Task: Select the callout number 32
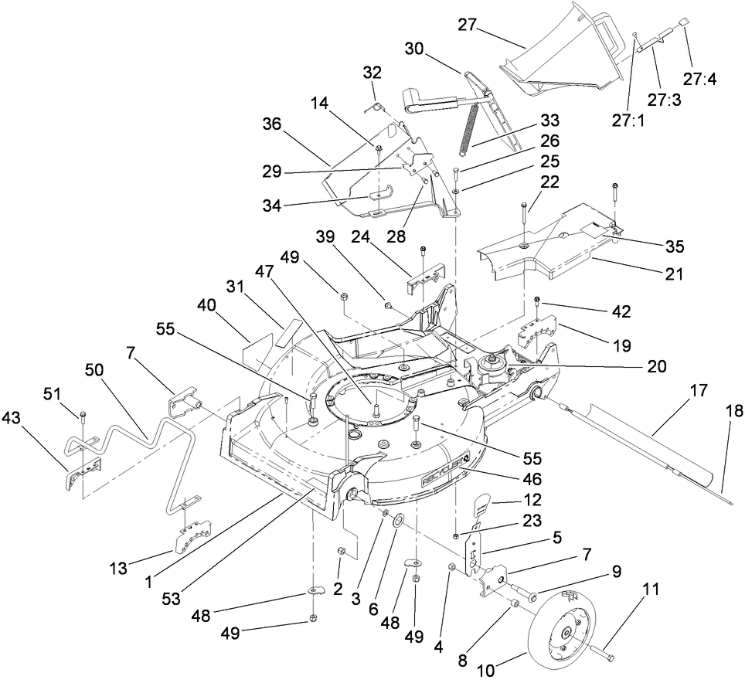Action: tap(372, 72)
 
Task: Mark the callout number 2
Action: tap(338, 589)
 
